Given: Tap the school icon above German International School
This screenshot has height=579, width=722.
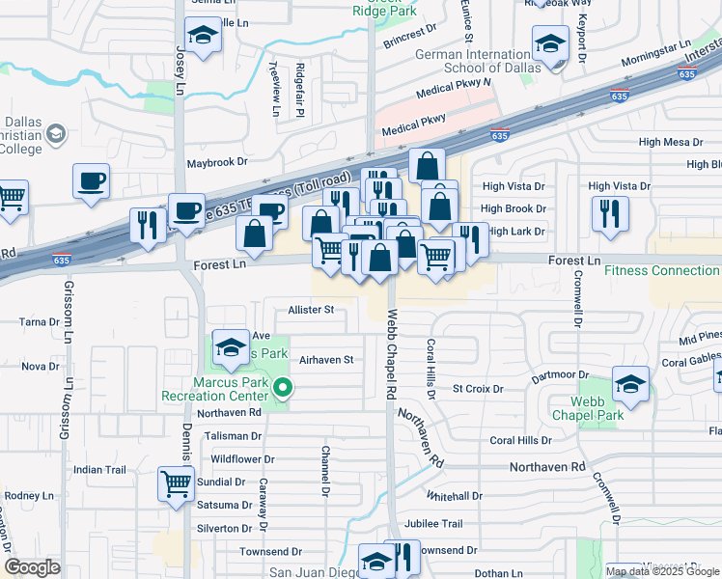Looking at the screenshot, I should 550,43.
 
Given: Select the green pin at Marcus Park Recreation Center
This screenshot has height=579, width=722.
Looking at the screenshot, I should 283,389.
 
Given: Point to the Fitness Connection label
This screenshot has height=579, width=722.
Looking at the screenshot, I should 662,270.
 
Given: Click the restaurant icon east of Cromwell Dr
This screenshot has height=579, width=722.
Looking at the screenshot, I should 610,214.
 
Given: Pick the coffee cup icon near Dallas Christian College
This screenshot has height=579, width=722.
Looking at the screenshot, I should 92,180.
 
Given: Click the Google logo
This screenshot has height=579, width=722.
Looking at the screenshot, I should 33,567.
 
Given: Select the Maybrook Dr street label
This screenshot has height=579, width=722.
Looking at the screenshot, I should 217,163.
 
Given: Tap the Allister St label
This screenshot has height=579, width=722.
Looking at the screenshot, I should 310,310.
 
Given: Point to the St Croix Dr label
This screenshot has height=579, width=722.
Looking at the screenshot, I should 478,389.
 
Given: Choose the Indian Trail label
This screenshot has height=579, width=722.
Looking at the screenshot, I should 100,470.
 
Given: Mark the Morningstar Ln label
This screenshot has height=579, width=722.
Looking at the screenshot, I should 655,45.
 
